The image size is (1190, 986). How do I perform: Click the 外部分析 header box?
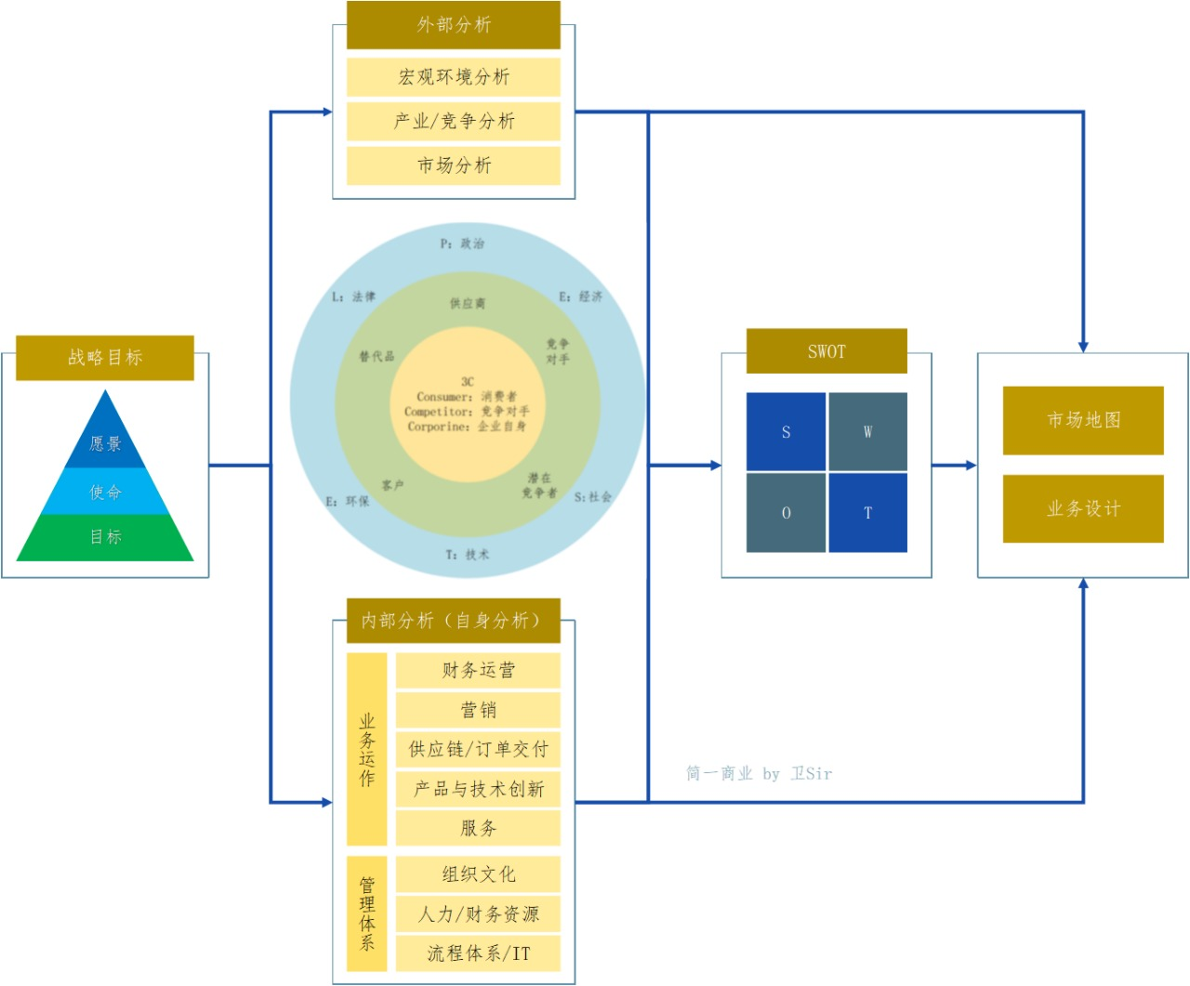453,25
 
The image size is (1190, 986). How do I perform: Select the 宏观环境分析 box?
453,77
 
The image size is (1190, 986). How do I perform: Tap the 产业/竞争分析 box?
453,122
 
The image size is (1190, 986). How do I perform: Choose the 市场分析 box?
453,165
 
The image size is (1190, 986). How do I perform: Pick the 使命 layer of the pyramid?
105,491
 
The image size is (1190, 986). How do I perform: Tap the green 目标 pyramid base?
105,538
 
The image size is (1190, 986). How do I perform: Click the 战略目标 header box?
105,358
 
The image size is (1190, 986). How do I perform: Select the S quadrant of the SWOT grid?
786,432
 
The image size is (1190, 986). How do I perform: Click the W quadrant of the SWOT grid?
867,432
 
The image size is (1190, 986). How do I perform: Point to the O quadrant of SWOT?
786,513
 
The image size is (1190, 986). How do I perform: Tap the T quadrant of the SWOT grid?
867,513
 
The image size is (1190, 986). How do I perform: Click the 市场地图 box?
1083,420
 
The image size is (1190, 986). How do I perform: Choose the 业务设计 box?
1083,508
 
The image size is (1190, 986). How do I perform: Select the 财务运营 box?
478,670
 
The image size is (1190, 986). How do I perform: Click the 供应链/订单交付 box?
478,749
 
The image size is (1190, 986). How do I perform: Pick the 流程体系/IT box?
478,953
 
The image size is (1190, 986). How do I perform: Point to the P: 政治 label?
462,243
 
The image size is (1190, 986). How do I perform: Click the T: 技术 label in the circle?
468,554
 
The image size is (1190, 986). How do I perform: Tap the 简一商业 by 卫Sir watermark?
760,773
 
